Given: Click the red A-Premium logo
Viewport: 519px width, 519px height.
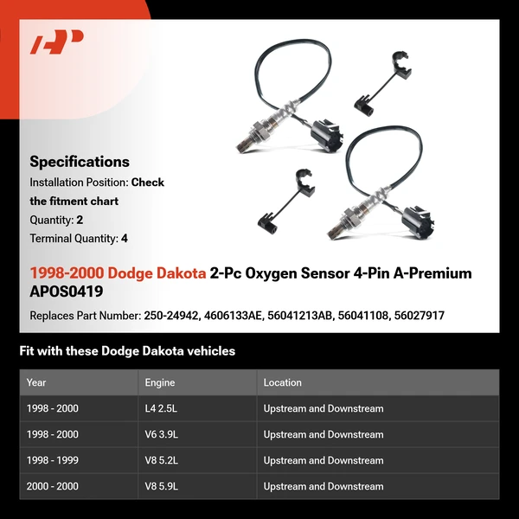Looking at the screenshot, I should [57, 42].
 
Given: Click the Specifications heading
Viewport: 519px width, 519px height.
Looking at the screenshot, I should [80, 162].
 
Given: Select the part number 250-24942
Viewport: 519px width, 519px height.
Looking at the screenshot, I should [172, 316].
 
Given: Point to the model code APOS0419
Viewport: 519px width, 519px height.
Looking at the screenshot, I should [66, 292].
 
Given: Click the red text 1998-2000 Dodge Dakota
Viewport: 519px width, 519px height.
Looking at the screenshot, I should [118, 273].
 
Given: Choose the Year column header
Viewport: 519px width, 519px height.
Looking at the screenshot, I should [36, 382].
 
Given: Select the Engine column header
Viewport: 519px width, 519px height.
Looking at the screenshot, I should [160, 382].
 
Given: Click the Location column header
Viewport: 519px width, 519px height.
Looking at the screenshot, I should [283, 382].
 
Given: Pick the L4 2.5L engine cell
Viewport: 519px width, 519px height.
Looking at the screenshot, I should [164, 408].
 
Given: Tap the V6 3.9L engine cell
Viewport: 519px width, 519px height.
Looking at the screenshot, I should [164, 434].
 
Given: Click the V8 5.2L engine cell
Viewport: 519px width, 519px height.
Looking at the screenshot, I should [164, 460].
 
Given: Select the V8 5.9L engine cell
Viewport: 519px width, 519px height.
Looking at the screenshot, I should [164, 486].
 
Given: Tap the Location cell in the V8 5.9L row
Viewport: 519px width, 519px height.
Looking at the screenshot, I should [324, 486].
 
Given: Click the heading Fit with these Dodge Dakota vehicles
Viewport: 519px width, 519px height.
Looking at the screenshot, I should [127, 351].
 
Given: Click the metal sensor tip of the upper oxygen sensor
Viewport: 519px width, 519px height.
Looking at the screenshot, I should [243, 138].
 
